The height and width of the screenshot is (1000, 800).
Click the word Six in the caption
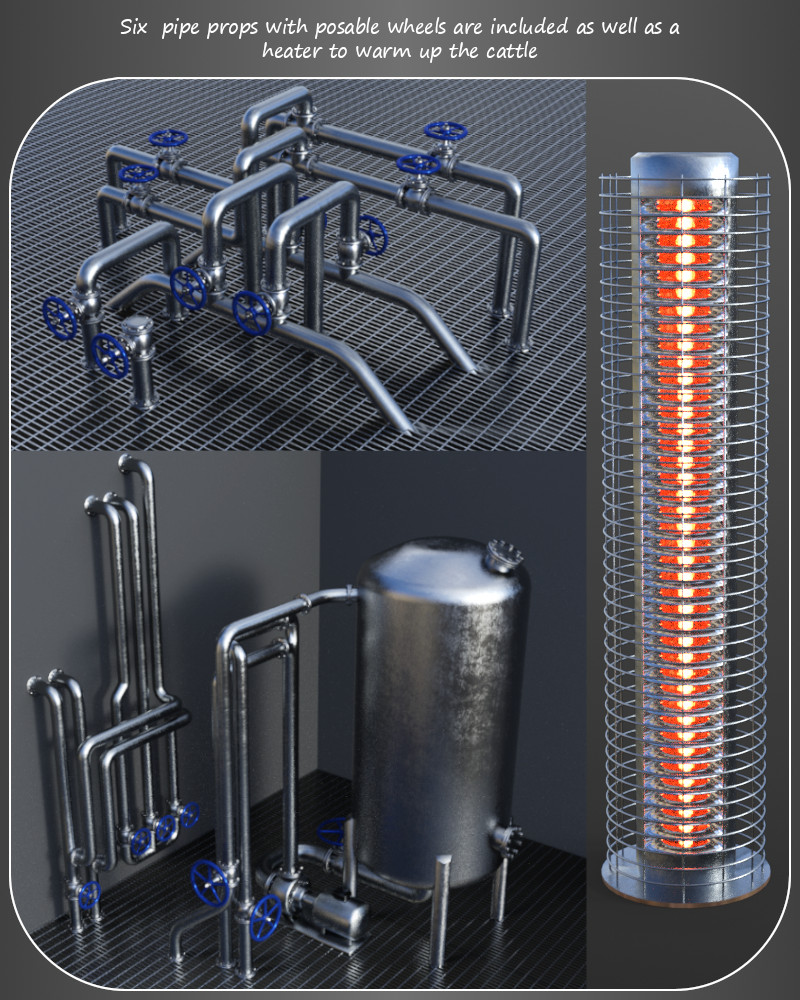coord(134,27)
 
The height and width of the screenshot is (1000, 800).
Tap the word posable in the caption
coord(348,27)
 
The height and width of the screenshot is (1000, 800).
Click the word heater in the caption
coord(293,50)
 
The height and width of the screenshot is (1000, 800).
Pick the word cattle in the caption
coord(512,50)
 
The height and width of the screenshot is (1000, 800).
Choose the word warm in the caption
coord(383,51)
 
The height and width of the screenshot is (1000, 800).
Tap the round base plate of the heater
coord(686,880)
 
